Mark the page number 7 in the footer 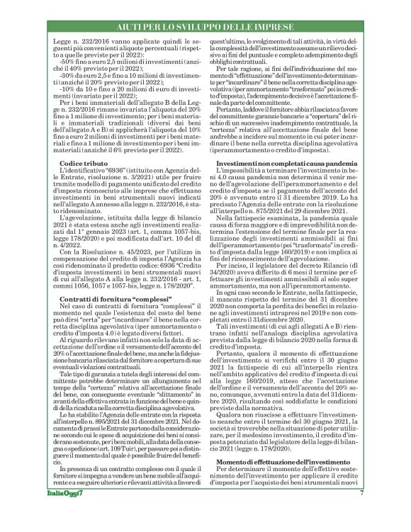(361, 511)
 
